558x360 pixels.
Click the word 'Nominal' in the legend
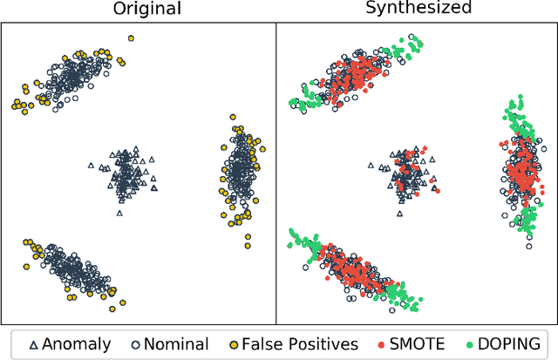click(174, 343)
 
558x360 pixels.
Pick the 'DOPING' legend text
click(507, 343)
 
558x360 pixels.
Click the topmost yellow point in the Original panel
click(131, 38)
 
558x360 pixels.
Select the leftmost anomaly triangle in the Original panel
click(91, 165)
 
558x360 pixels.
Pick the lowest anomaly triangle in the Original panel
click(120, 212)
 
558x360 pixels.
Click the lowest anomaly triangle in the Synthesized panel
click(400, 200)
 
